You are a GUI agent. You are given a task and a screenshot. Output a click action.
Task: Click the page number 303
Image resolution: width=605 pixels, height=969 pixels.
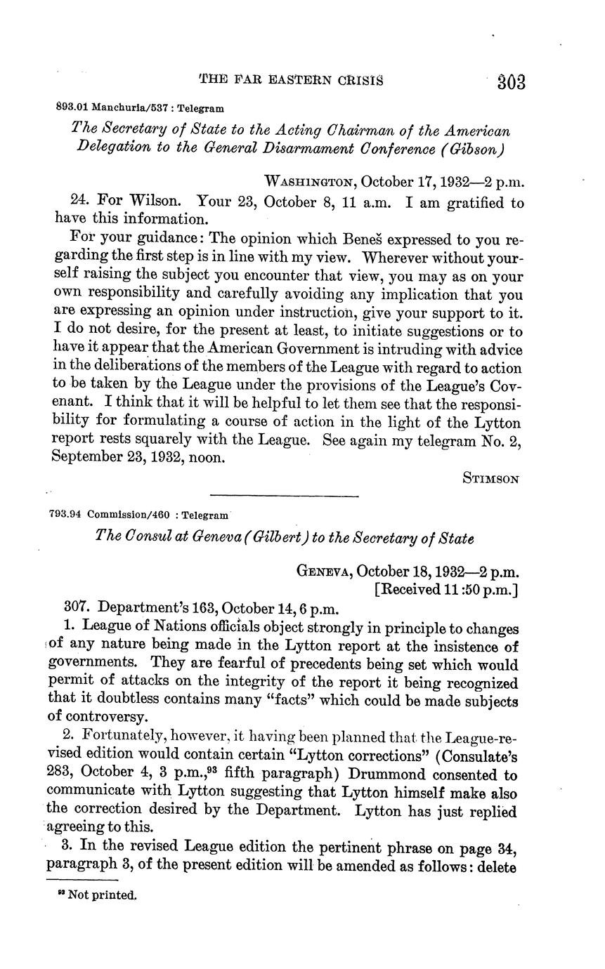(x=511, y=82)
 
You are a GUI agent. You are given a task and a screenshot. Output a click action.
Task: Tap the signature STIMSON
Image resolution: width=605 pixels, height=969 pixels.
(x=491, y=479)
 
